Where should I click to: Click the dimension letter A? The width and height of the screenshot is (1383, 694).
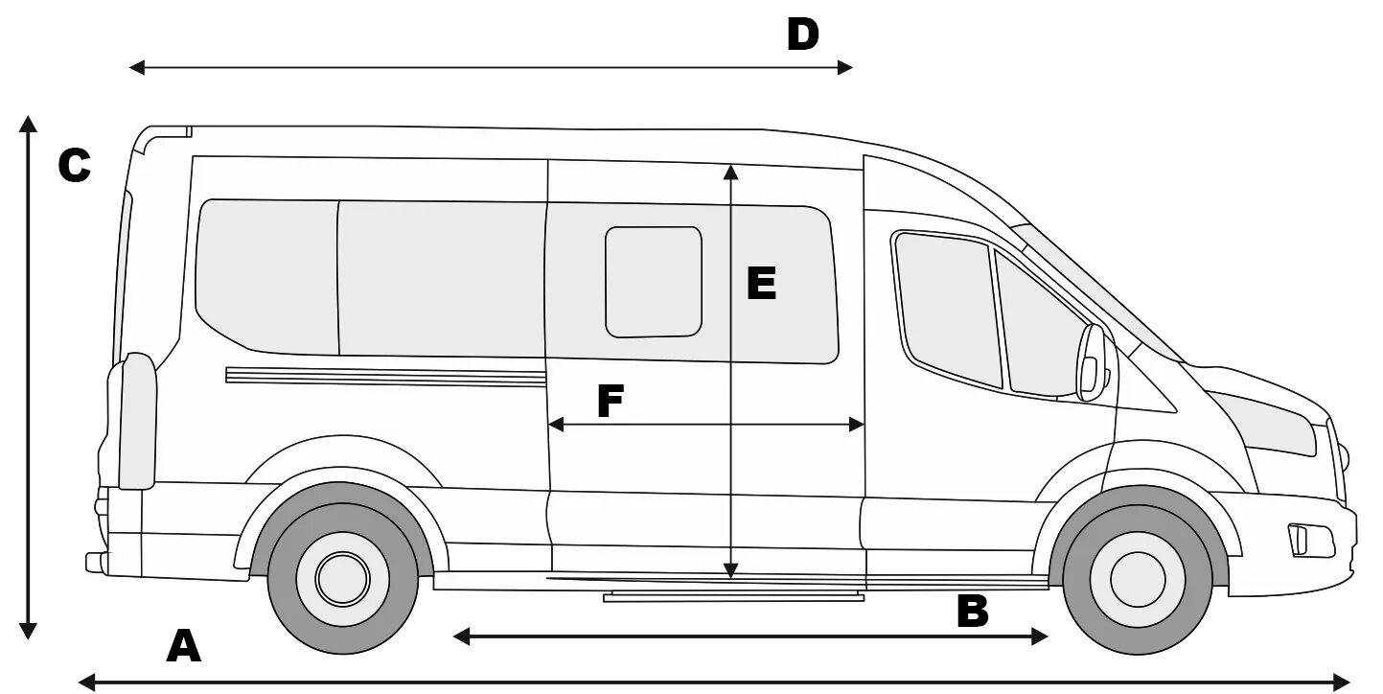(184, 646)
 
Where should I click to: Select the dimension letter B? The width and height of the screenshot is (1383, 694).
(972, 612)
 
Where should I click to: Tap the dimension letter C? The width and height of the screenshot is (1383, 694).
(74, 166)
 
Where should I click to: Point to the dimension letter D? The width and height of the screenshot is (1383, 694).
(803, 35)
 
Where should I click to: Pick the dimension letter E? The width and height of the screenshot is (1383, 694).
(761, 285)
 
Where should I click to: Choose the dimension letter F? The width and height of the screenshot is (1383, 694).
(611, 401)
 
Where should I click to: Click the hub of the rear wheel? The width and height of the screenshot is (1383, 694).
(342, 578)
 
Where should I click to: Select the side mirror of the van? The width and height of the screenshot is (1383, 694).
(1092, 362)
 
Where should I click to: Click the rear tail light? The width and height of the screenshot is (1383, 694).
(138, 422)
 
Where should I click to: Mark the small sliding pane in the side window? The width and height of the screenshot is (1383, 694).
(654, 282)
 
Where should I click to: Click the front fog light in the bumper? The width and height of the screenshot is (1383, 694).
(1301, 540)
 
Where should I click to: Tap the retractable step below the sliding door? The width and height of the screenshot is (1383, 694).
(733, 597)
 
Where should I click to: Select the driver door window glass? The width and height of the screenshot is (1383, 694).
(947, 307)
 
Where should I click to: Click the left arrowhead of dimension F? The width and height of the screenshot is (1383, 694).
(553, 425)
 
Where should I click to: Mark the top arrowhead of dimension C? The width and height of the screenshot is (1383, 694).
(29, 123)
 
